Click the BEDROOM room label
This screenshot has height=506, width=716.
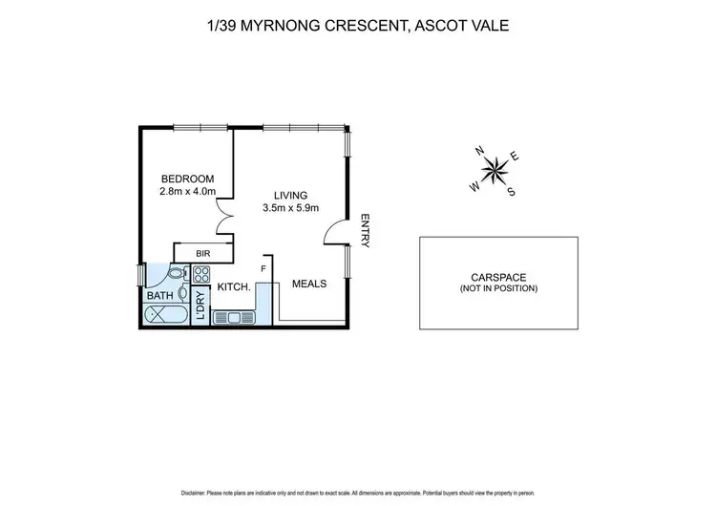pos(187,179)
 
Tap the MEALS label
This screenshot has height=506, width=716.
pos(309,284)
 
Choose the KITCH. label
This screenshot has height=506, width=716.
pos(234,286)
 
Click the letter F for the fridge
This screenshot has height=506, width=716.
pos(266,269)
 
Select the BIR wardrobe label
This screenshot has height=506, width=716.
pos(202,253)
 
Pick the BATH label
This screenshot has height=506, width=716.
pos(160,296)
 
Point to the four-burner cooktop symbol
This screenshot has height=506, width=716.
pos(201,275)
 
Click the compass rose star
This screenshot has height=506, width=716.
pos(496,172)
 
